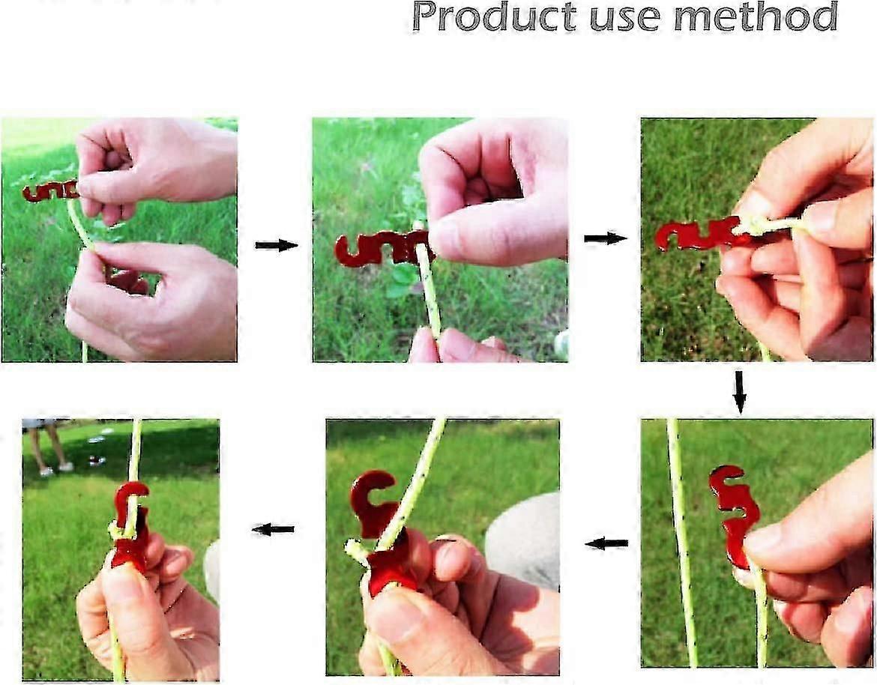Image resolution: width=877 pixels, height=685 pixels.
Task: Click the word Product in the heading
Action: [x=494, y=17]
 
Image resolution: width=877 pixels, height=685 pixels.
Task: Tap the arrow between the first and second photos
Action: [x=277, y=245]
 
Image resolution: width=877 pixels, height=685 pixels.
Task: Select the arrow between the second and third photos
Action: [x=605, y=239]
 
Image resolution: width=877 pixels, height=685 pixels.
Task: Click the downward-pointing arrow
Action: [x=739, y=392]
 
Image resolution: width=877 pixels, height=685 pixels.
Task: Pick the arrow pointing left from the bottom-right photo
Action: [x=606, y=543]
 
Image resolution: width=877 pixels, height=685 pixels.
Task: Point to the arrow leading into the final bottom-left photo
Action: [x=273, y=529]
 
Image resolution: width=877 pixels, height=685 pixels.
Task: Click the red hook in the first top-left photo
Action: [x=50, y=191]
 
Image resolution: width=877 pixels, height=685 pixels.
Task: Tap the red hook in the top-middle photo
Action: [x=380, y=249]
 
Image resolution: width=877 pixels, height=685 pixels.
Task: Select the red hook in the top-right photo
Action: [x=699, y=235]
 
